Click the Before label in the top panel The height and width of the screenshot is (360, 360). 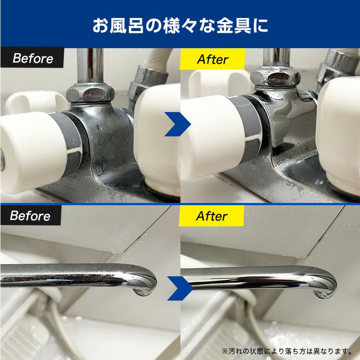(x=32, y=58)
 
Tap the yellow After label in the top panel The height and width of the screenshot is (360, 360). (x=212, y=59)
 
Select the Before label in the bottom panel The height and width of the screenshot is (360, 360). (x=31, y=216)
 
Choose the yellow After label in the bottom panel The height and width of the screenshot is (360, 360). (x=211, y=216)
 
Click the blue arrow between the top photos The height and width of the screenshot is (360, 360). (x=177, y=124)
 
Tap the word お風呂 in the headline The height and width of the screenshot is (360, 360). (x=118, y=25)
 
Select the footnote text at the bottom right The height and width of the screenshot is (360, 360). (x=287, y=351)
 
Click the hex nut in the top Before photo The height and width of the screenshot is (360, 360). (x=90, y=94)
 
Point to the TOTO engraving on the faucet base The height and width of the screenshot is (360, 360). (x=71, y=188)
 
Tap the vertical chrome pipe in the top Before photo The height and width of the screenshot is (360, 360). (x=90, y=65)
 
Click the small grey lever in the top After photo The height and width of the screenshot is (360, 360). (x=280, y=130)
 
